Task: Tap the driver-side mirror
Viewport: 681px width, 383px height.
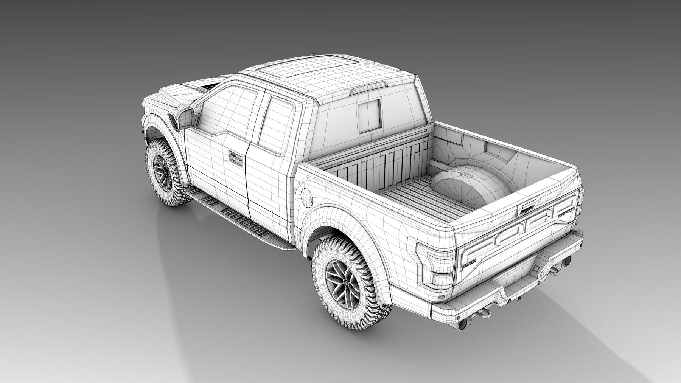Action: (187, 117)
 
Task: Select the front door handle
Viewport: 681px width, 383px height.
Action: (235, 156)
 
